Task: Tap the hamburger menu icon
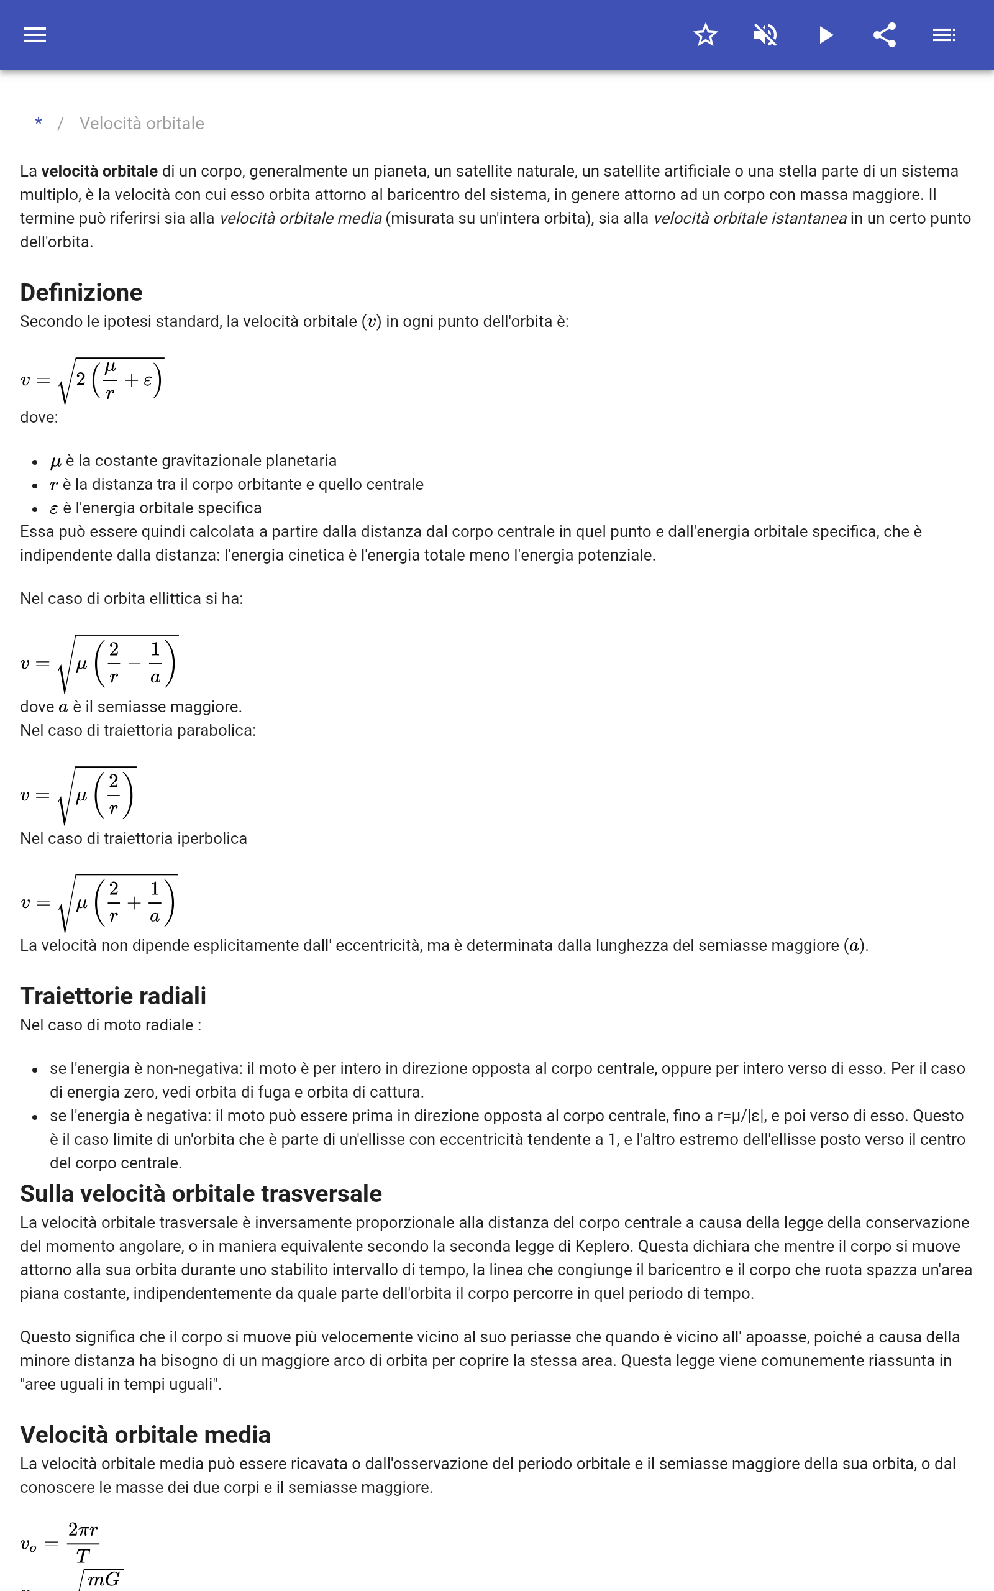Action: pyautogui.click(x=35, y=35)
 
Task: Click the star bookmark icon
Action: pyautogui.click(x=705, y=35)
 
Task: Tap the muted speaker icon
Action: pyautogui.click(x=765, y=35)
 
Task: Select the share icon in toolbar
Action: pyautogui.click(x=885, y=35)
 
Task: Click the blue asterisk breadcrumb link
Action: pyautogui.click(x=39, y=123)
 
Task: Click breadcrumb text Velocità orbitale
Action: pyautogui.click(x=142, y=124)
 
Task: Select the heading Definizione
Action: pyautogui.click(x=81, y=293)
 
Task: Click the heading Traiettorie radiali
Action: pyautogui.click(x=113, y=996)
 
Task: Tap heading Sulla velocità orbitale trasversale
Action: pyautogui.click(x=201, y=1193)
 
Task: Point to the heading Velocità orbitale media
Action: pyautogui.click(x=145, y=1434)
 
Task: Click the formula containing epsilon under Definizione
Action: pyautogui.click(x=92, y=380)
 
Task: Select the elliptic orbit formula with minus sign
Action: pyautogui.click(x=99, y=663)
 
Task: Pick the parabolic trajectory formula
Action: pyautogui.click(x=78, y=795)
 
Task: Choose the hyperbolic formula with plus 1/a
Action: pyautogui.click(x=99, y=902)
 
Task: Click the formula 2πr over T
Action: pyautogui.click(x=60, y=1543)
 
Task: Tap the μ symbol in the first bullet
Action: pyautogui.click(x=56, y=462)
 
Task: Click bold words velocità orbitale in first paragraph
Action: pyautogui.click(x=99, y=171)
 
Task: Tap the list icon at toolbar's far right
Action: pyautogui.click(x=944, y=35)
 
